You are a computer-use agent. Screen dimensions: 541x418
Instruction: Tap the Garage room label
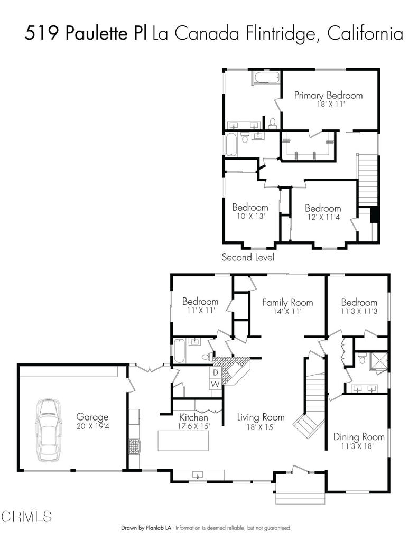pyautogui.click(x=92, y=416)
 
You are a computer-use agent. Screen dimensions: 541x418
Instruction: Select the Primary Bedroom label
pyautogui.click(x=328, y=95)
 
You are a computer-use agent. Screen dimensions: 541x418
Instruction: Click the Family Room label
pyautogui.click(x=287, y=302)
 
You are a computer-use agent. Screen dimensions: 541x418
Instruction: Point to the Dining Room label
pyautogui.click(x=358, y=437)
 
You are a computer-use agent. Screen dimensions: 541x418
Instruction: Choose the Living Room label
pyautogui.click(x=261, y=416)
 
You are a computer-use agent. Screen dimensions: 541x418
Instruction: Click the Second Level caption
pyautogui.click(x=247, y=257)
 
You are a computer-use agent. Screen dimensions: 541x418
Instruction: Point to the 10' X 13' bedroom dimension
pyautogui.click(x=249, y=216)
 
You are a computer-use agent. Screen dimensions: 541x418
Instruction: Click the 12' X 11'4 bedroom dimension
pyautogui.click(x=322, y=216)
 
